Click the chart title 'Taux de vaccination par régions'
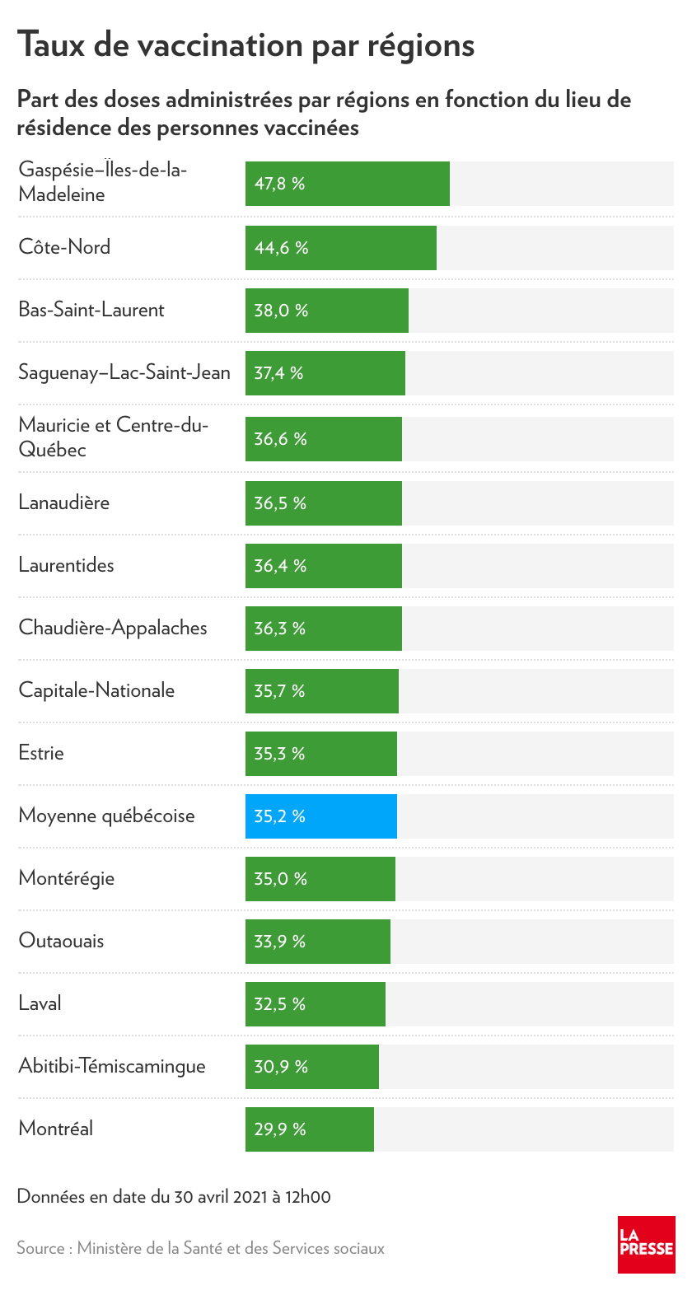coord(245,45)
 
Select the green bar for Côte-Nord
coord(341,248)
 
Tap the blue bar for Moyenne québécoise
coord(321,816)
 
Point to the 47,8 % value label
coord(279,184)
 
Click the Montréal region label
coord(56,1129)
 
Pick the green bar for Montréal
coord(310,1129)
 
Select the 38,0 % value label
coord(281,311)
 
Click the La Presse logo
coord(646,1244)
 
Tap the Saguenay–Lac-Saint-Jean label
coord(124,373)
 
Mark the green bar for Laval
coord(316,1004)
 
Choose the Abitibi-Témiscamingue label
coord(112,1066)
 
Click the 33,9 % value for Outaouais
coord(279,942)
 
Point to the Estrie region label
coord(41,753)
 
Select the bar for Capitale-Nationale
coord(322,691)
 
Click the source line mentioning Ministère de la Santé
coord(200,1248)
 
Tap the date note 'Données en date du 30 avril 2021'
coord(174,1197)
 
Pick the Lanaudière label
coord(64,503)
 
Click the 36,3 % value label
coord(279,629)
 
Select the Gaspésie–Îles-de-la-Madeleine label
coord(103,182)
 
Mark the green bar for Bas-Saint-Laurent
coord(327,311)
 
